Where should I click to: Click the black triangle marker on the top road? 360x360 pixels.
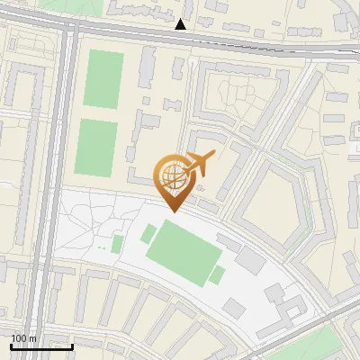(181, 24)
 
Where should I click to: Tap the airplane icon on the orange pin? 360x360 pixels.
(199, 163)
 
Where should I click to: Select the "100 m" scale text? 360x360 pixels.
(22, 338)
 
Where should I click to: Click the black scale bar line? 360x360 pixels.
(41, 346)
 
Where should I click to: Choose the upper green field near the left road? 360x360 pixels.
(103, 80)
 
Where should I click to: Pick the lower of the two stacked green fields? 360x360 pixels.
(95, 148)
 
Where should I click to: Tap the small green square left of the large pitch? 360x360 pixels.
(117, 244)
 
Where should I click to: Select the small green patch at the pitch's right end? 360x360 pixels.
(217, 274)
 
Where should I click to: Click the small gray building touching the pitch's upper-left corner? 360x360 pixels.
(148, 234)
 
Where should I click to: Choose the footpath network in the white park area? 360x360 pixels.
(90, 225)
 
